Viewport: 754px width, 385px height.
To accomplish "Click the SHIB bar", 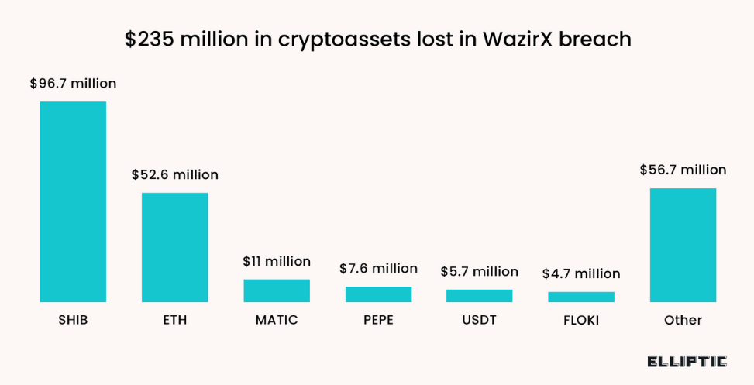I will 73,201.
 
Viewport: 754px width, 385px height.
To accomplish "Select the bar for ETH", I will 174,247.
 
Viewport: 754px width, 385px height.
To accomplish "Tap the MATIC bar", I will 277,290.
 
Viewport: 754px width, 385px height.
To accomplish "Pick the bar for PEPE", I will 378,294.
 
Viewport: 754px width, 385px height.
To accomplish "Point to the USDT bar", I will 479,296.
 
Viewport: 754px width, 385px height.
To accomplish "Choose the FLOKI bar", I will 580,297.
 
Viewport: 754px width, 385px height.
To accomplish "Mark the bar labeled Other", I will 683,245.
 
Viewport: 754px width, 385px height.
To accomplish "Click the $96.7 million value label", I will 73,83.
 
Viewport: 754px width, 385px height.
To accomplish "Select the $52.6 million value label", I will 174,175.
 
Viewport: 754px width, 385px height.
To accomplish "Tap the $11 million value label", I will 277,262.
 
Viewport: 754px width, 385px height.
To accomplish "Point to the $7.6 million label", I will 378,269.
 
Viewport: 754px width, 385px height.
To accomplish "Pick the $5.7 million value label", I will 479,272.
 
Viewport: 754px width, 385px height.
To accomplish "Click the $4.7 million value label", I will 580,273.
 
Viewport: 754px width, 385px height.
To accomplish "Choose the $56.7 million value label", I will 683,170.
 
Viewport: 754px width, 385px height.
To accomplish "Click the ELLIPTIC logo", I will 687,361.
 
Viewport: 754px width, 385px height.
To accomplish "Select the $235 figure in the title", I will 149,40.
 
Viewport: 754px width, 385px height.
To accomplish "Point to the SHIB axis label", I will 73,320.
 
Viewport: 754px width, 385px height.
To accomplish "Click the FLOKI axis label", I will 580,320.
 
